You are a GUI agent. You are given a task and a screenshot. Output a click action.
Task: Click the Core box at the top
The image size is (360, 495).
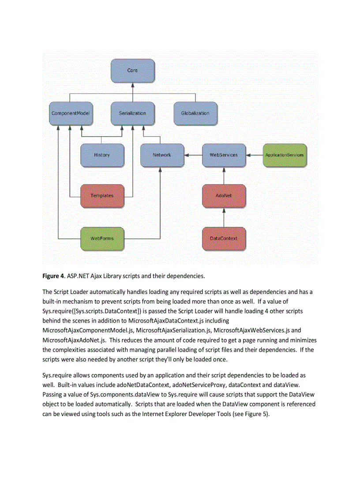(132, 71)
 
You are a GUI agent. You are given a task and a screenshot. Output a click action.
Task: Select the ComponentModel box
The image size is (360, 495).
(71, 113)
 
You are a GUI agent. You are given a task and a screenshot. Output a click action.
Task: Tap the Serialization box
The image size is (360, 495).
(132, 113)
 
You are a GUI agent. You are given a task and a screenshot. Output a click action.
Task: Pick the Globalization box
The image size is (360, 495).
(195, 113)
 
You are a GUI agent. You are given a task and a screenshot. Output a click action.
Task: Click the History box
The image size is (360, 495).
(102, 155)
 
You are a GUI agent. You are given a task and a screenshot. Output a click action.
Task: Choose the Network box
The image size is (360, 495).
(162, 155)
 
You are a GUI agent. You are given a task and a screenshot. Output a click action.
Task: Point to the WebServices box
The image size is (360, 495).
(224, 155)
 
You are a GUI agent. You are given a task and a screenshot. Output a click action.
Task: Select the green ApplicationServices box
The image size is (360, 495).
(284, 155)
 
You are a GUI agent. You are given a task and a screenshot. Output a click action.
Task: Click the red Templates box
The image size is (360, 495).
(102, 196)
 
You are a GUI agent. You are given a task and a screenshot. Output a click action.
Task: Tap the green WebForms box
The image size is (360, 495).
(102, 238)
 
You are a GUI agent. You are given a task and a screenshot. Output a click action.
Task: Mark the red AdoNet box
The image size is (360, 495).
(224, 196)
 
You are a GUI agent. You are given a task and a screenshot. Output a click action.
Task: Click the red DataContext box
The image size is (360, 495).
(224, 238)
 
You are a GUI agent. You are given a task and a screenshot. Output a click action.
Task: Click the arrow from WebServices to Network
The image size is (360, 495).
(193, 155)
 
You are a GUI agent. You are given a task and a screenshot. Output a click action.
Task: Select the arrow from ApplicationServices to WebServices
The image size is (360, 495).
(254, 155)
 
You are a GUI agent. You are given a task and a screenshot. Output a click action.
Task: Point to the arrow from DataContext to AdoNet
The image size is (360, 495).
(224, 217)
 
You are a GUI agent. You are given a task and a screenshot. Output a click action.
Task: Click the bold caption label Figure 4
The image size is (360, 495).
(53, 276)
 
